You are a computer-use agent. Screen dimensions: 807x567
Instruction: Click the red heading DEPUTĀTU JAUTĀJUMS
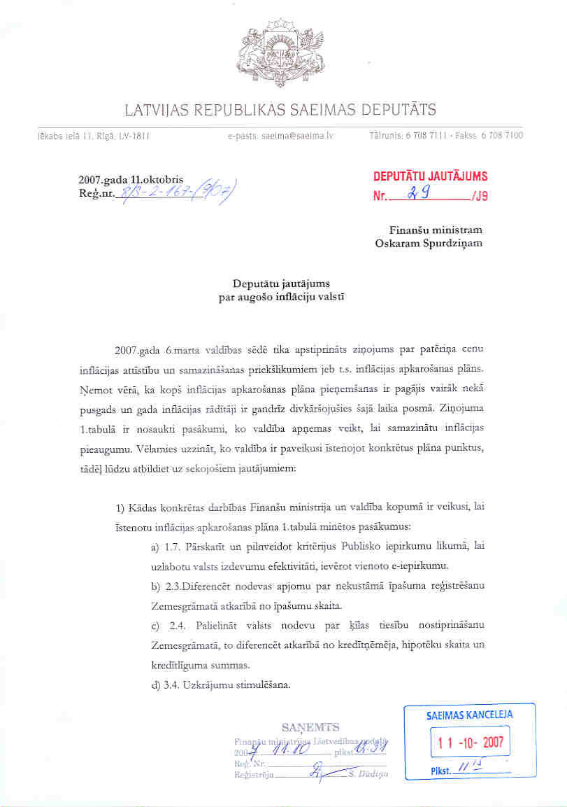pyautogui.click(x=431, y=176)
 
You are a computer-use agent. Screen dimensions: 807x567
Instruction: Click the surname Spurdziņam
pyautogui.click(x=450, y=243)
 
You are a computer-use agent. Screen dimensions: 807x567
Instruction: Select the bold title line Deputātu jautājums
pyautogui.click(x=280, y=283)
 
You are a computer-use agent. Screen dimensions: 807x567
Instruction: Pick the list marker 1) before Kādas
pyautogui.click(x=120, y=507)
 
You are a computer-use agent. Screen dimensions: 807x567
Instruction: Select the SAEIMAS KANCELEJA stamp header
pyautogui.click(x=469, y=715)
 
